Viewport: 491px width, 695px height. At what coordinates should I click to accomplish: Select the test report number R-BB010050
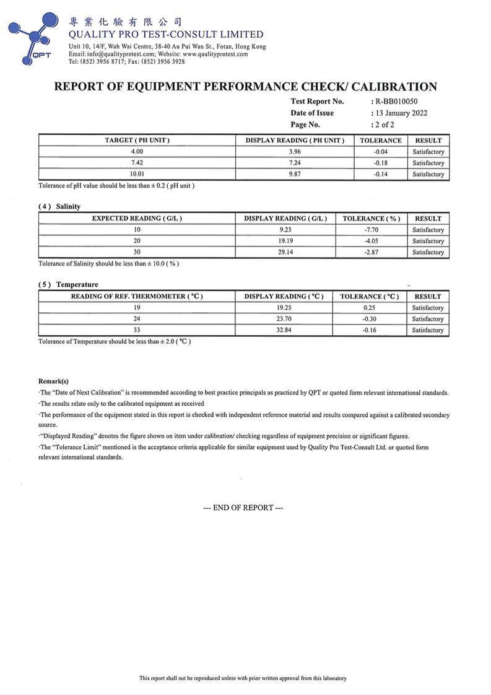(x=399, y=102)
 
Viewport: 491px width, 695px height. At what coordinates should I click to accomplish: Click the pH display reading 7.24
(x=295, y=163)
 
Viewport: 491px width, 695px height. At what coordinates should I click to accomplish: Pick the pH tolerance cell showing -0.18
(x=381, y=163)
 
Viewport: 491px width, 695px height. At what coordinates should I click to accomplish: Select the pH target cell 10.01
(x=137, y=174)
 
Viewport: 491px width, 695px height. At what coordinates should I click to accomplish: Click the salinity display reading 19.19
(x=285, y=241)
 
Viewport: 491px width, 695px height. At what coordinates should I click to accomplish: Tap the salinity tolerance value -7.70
(x=372, y=230)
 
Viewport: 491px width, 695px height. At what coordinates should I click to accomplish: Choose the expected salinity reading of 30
(x=137, y=252)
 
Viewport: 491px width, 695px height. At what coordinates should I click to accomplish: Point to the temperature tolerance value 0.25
(x=370, y=308)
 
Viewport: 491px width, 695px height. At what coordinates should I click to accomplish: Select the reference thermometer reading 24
(x=137, y=319)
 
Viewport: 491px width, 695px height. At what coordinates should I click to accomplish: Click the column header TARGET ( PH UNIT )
(x=137, y=141)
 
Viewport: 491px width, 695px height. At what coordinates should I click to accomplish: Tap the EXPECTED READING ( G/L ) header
(x=137, y=219)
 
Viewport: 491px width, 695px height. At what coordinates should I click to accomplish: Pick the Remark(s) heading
(x=53, y=382)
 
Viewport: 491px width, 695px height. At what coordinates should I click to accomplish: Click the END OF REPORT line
(x=243, y=508)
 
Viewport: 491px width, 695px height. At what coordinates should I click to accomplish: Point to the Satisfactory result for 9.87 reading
(x=428, y=174)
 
